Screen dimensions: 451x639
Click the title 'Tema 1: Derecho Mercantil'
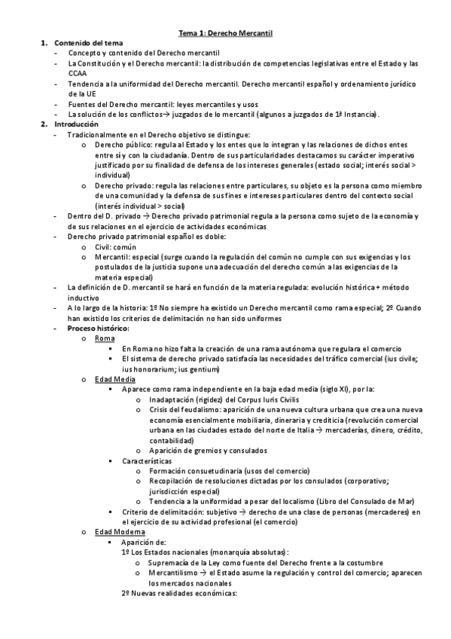tap(225, 33)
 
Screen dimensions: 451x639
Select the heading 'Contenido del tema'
tap(87, 44)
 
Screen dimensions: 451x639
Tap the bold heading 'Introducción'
tap(76, 124)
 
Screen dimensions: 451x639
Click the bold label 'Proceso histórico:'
tap(98, 328)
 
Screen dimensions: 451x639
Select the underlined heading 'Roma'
tap(105, 338)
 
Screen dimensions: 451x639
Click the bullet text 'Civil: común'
tap(117, 245)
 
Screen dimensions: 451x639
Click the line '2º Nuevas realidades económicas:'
tap(179, 593)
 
